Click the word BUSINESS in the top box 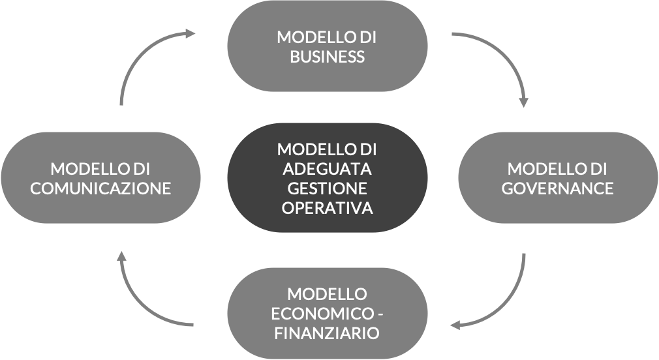[x=327, y=57]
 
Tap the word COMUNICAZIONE [x=100, y=188]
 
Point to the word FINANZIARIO [x=327, y=333]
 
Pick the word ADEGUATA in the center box [x=327, y=169]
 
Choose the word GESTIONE [x=327, y=188]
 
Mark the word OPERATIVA [x=327, y=209]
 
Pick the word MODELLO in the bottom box [x=327, y=293]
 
